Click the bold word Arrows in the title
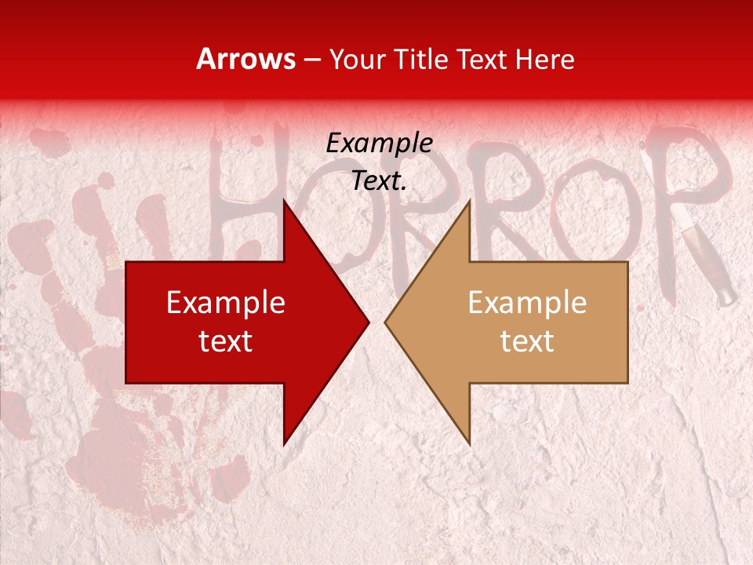[246, 59]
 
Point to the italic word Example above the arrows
[379, 143]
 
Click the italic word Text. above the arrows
[379, 181]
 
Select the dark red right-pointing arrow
[235, 323]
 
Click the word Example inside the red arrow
[226, 303]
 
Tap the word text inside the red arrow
[226, 341]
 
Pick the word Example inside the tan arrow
[527, 303]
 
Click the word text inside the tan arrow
[527, 341]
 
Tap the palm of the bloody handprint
[118, 408]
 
